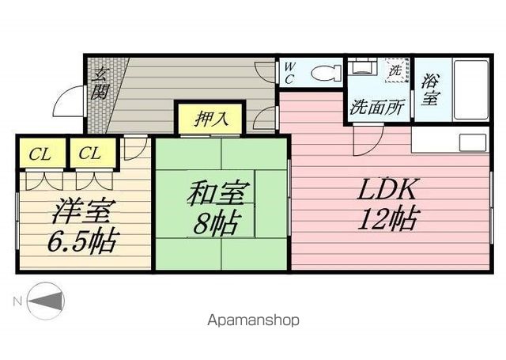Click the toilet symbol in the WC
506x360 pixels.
[327, 73]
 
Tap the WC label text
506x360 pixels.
[289, 73]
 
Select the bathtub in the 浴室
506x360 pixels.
[471, 89]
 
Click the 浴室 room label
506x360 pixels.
[430, 89]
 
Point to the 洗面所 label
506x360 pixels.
[377, 108]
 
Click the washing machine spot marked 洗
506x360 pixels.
[395, 70]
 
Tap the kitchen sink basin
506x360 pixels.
[473, 143]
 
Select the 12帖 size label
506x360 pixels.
[388, 219]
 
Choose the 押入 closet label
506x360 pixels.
[211, 119]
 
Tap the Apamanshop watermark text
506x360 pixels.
[253, 320]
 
